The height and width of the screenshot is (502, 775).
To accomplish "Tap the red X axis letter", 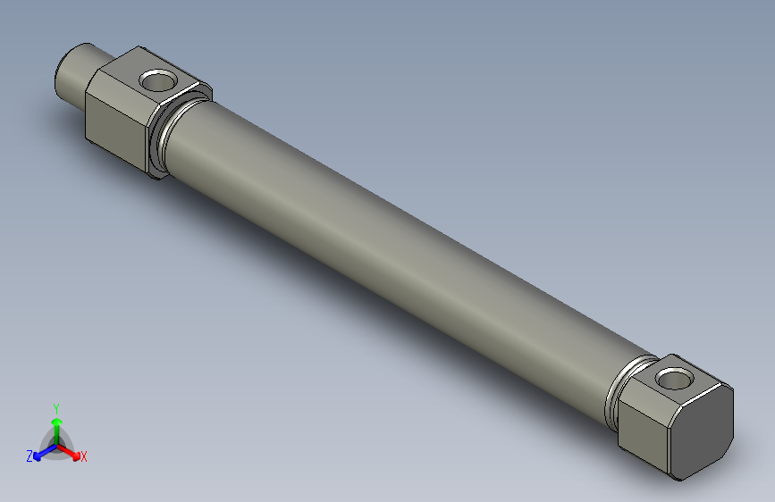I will [84, 457].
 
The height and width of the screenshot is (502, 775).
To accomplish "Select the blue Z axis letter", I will [29, 456].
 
